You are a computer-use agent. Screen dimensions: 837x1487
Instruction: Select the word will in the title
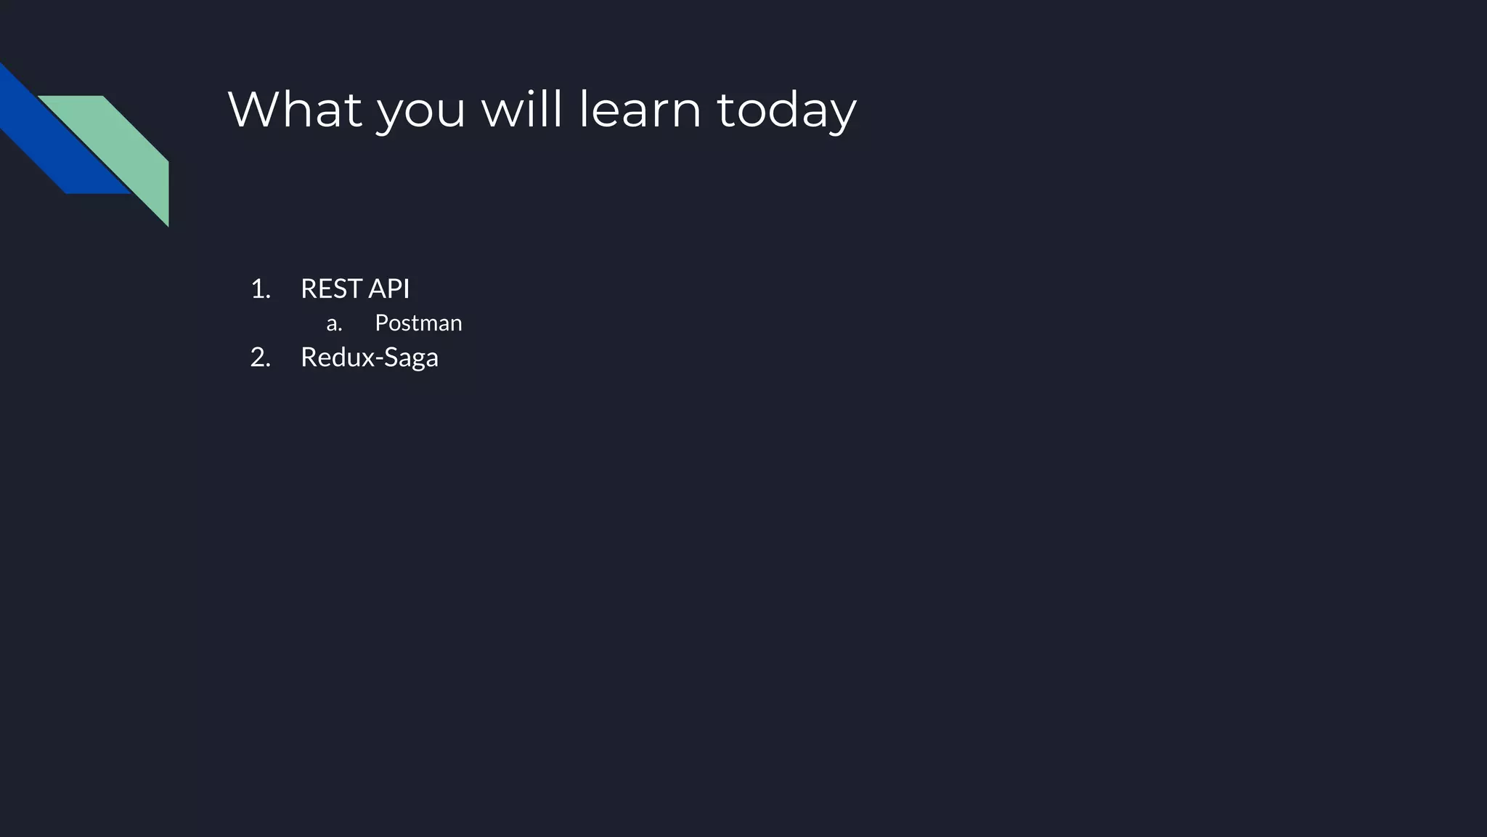[521, 110]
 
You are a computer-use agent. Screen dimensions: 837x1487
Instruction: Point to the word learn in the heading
[640, 110]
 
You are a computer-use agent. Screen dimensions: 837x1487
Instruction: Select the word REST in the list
[332, 289]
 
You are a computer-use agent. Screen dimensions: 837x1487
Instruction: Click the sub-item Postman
[418, 323]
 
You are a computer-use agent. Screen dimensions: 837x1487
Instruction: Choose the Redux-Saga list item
[369, 357]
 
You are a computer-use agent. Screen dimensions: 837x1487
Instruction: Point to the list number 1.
[259, 289]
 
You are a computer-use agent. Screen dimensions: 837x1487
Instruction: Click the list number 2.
[259, 357]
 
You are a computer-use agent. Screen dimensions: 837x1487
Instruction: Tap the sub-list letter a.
[333, 323]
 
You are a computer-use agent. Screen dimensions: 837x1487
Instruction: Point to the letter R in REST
[309, 289]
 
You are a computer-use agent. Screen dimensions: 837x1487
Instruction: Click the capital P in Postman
[380, 323]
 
